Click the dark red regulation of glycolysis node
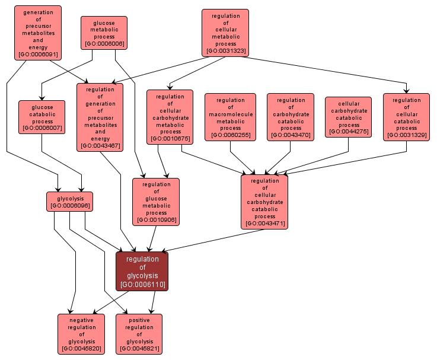click(142, 271)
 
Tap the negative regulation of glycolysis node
click(81, 334)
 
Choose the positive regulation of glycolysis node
click(139, 334)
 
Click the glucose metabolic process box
click(104, 33)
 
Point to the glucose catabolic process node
click(41, 117)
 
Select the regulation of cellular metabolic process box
click(225, 33)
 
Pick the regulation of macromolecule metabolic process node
click(230, 117)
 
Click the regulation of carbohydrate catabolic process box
click(291, 117)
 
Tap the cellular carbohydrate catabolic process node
click(349, 117)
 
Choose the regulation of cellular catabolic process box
click(406, 117)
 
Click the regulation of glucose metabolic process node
click(156, 202)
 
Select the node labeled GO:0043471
click(264, 202)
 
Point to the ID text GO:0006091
click(38, 54)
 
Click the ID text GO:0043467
click(100, 145)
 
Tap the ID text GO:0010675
click(170, 139)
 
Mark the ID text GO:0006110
click(142, 285)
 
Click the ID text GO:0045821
click(139, 348)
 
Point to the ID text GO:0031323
click(225, 51)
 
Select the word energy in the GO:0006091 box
click(38, 47)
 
